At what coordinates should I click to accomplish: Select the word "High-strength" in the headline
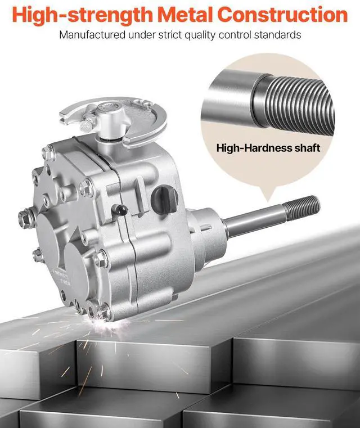coord(83,15)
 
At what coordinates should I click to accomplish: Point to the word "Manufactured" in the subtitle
coord(92,35)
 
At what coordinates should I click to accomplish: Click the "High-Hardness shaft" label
coord(268,148)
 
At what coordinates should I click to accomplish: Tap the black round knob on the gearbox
coord(165,196)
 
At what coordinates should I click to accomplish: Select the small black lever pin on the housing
coord(120,210)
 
